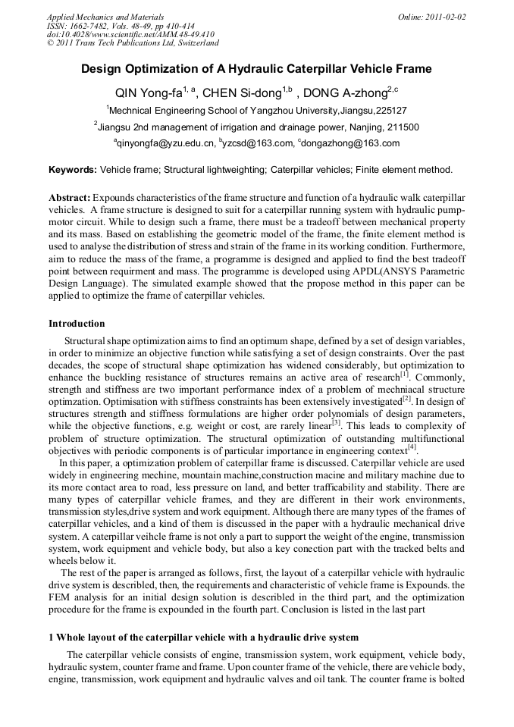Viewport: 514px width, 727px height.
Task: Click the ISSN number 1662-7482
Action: (94, 25)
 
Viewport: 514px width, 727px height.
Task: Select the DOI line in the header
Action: (130, 34)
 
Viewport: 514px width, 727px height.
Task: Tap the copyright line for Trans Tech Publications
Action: (133, 43)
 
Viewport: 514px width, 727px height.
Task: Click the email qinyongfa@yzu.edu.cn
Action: (166, 143)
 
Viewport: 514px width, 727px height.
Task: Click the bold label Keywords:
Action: (73, 170)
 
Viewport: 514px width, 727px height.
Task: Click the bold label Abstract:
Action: (70, 197)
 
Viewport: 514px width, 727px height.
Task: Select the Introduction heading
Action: (77, 324)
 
